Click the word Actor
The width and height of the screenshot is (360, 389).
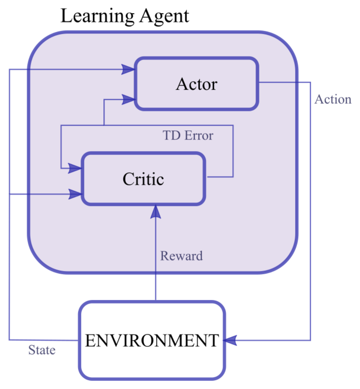tap(197, 84)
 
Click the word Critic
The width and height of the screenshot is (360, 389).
tap(143, 179)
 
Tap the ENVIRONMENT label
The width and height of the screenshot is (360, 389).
tap(152, 340)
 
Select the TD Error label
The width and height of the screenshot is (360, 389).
tap(188, 136)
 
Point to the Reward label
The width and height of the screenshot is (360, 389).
tap(182, 256)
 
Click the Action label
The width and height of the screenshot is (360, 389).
tap(333, 99)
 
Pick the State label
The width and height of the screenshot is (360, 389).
tap(42, 350)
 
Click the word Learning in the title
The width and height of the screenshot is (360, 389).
tap(97, 16)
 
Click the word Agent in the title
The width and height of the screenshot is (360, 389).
tap(164, 16)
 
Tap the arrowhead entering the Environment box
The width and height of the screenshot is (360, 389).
tap(229, 340)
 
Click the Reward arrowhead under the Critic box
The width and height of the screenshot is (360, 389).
tap(156, 212)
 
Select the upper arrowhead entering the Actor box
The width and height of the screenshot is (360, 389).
tap(128, 69)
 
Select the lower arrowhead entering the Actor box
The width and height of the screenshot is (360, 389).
tap(128, 99)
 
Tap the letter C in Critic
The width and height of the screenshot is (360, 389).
tap(128, 179)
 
